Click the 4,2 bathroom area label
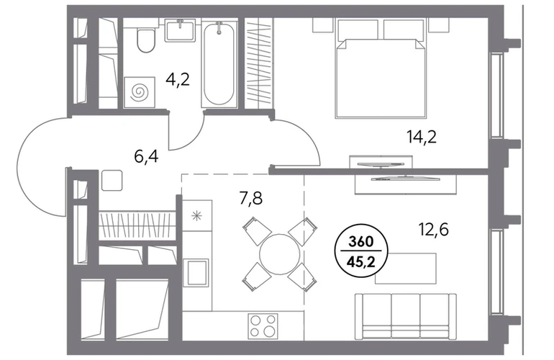coord(178,80)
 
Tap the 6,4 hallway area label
coord(146,156)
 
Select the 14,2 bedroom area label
coord(422,137)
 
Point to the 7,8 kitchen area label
coord(250,199)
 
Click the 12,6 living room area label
coord(434,230)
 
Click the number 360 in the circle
coord(360,242)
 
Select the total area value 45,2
coord(360,262)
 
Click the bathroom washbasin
coord(180,30)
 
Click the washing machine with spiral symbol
coord(139,92)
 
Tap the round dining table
coord(279,253)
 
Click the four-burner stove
coord(263,325)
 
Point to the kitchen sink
coord(198,272)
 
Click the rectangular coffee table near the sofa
coord(405,268)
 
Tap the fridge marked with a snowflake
coord(197,215)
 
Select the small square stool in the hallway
coord(112,180)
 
